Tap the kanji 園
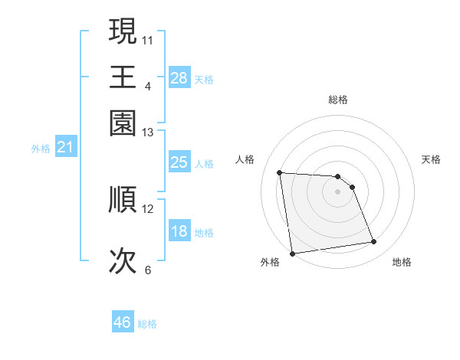[123, 123]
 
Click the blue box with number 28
[179, 77]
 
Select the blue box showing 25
[179, 162]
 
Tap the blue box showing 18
[179, 231]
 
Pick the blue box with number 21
[64, 148]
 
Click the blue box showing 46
[123, 322]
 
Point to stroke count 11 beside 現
[148, 38]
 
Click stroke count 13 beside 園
[148, 133]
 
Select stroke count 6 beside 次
[148, 270]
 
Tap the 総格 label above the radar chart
[338, 100]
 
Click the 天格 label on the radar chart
[431, 159]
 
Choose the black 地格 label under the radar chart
[402, 263]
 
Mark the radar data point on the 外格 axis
[291, 254]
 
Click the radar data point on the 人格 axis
[280, 172]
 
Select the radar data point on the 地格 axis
[374, 242]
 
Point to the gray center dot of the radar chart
[338, 191]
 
